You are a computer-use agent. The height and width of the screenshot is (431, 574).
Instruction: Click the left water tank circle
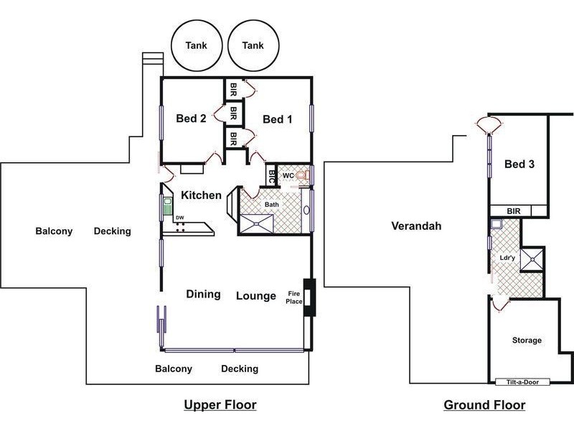click(197, 45)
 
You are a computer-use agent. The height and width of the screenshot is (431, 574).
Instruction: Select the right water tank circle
click(253, 45)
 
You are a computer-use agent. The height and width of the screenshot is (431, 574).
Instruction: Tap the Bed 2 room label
click(192, 119)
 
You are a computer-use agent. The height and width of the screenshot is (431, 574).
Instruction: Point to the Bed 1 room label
click(277, 119)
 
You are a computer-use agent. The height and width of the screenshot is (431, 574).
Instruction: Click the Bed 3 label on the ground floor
click(519, 164)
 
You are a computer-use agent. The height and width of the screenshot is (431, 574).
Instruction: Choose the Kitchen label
click(201, 195)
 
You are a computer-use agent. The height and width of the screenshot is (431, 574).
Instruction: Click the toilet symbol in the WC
click(304, 175)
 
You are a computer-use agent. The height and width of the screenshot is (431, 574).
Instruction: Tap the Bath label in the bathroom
click(272, 205)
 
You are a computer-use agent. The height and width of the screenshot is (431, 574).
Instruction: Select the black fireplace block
click(309, 295)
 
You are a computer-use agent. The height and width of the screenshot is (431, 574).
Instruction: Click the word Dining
click(203, 294)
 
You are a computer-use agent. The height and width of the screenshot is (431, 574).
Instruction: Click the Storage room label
click(527, 340)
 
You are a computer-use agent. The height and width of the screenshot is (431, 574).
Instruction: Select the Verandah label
click(416, 226)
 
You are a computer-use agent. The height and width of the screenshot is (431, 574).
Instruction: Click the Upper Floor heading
click(220, 405)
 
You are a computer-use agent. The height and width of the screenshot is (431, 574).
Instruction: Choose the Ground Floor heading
click(484, 405)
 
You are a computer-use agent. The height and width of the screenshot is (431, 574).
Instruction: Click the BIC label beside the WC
click(271, 175)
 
